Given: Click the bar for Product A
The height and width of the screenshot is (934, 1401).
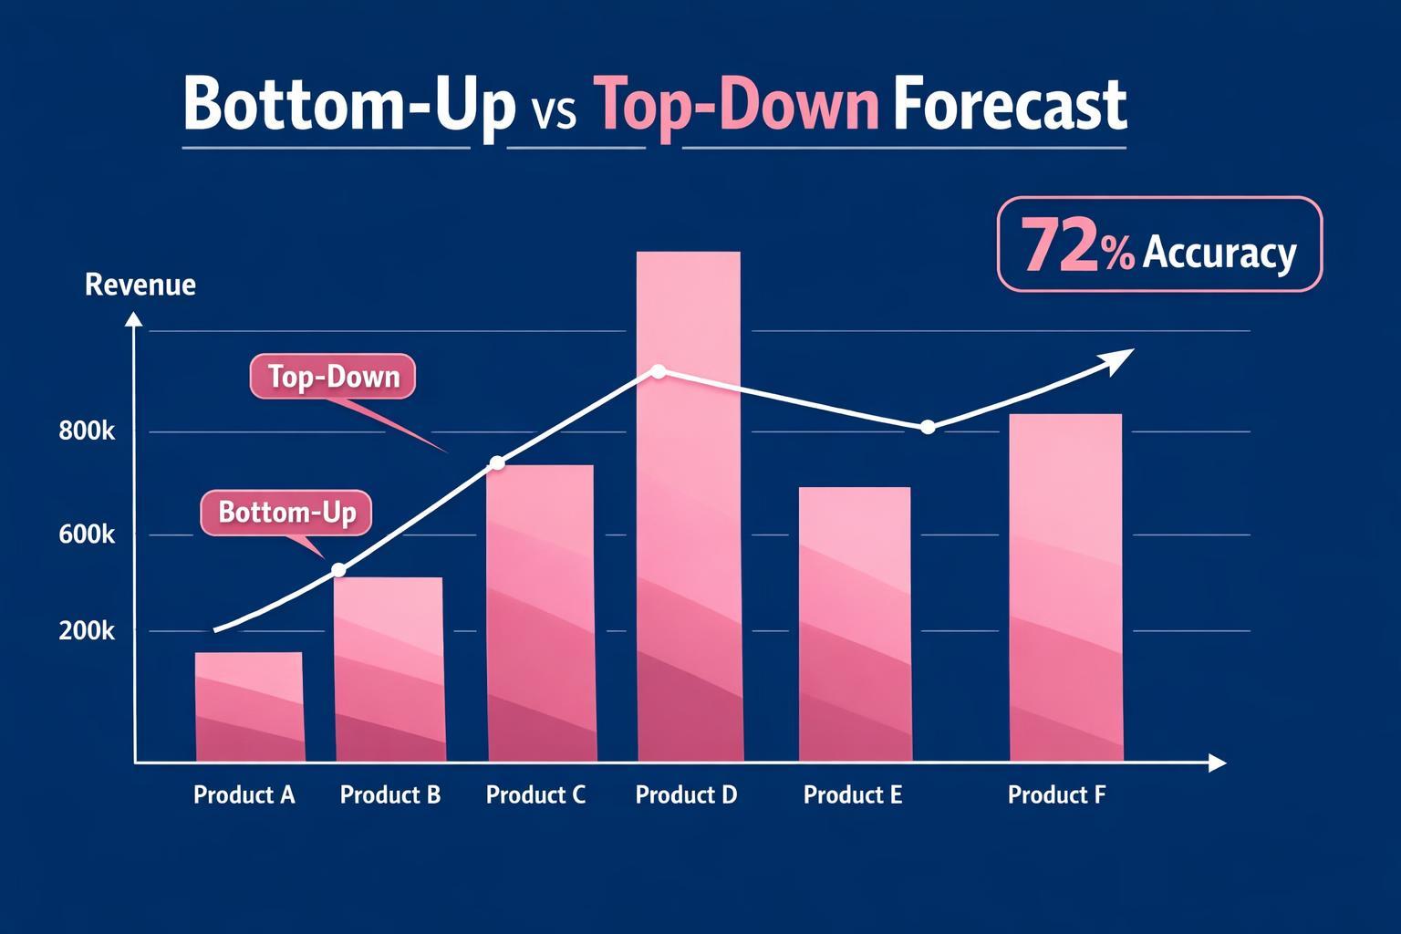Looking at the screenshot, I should [x=249, y=706].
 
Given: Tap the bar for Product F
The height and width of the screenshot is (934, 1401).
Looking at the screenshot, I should [x=1065, y=587].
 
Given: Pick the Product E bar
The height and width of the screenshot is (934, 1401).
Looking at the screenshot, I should [x=855, y=624].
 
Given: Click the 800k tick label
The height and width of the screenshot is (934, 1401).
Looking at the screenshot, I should [x=87, y=431].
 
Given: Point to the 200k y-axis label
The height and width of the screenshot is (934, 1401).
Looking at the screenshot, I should [x=87, y=630].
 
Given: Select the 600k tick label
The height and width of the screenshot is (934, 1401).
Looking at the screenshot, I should [x=87, y=534].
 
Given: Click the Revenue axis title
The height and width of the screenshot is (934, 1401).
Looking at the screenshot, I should [x=140, y=285].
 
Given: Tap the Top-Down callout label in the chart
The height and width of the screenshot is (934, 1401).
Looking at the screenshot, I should [x=333, y=377].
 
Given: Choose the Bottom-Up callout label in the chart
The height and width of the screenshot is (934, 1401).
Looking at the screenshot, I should [x=286, y=512].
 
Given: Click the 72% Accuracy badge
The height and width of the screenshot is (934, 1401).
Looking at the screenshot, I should [x=1159, y=244].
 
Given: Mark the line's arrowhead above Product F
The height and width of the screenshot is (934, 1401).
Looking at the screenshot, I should [x=1122, y=356].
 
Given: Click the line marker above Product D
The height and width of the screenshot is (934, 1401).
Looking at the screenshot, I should [x=659, y=371].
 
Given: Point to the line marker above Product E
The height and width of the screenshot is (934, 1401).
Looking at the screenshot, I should [x=928, y=427].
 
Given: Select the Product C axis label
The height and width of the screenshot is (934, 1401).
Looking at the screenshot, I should [x=535, y=794].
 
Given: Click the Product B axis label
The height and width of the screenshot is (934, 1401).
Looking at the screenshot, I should [x=390, y=794].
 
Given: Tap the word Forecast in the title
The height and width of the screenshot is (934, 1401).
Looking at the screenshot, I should [x=1009, y=107].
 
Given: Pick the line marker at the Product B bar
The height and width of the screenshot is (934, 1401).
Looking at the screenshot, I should [x=338, y=570].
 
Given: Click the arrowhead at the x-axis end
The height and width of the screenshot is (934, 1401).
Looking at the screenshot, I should [x=1217, y=763].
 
